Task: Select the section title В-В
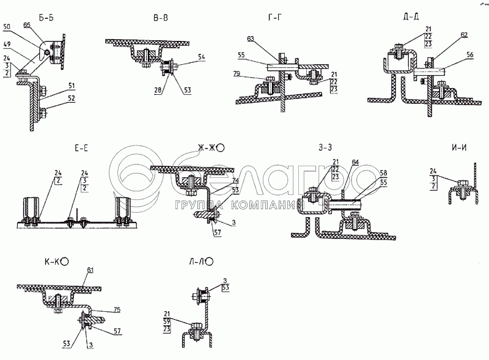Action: (x=161, y=18)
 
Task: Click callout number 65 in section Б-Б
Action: (x=43, y=25)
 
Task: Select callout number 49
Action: (x=7, y=45)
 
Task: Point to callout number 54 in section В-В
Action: (x=203, y=56)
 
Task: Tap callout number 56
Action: (x=471, y=54)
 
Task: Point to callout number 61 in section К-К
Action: (x=90, y=270)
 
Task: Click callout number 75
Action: (x=117, y=309)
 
